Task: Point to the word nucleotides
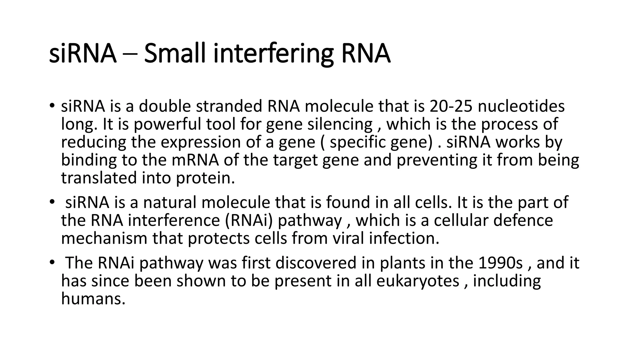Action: click(521, 106)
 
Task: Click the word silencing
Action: click(340, 124)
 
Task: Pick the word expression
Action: click(201, 142)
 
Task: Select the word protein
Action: click(205, 178)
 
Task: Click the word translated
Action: click(99, 178)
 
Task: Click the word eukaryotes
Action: click(417, 281)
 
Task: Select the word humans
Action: click(93, 299)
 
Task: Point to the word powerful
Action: click(167, 124)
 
